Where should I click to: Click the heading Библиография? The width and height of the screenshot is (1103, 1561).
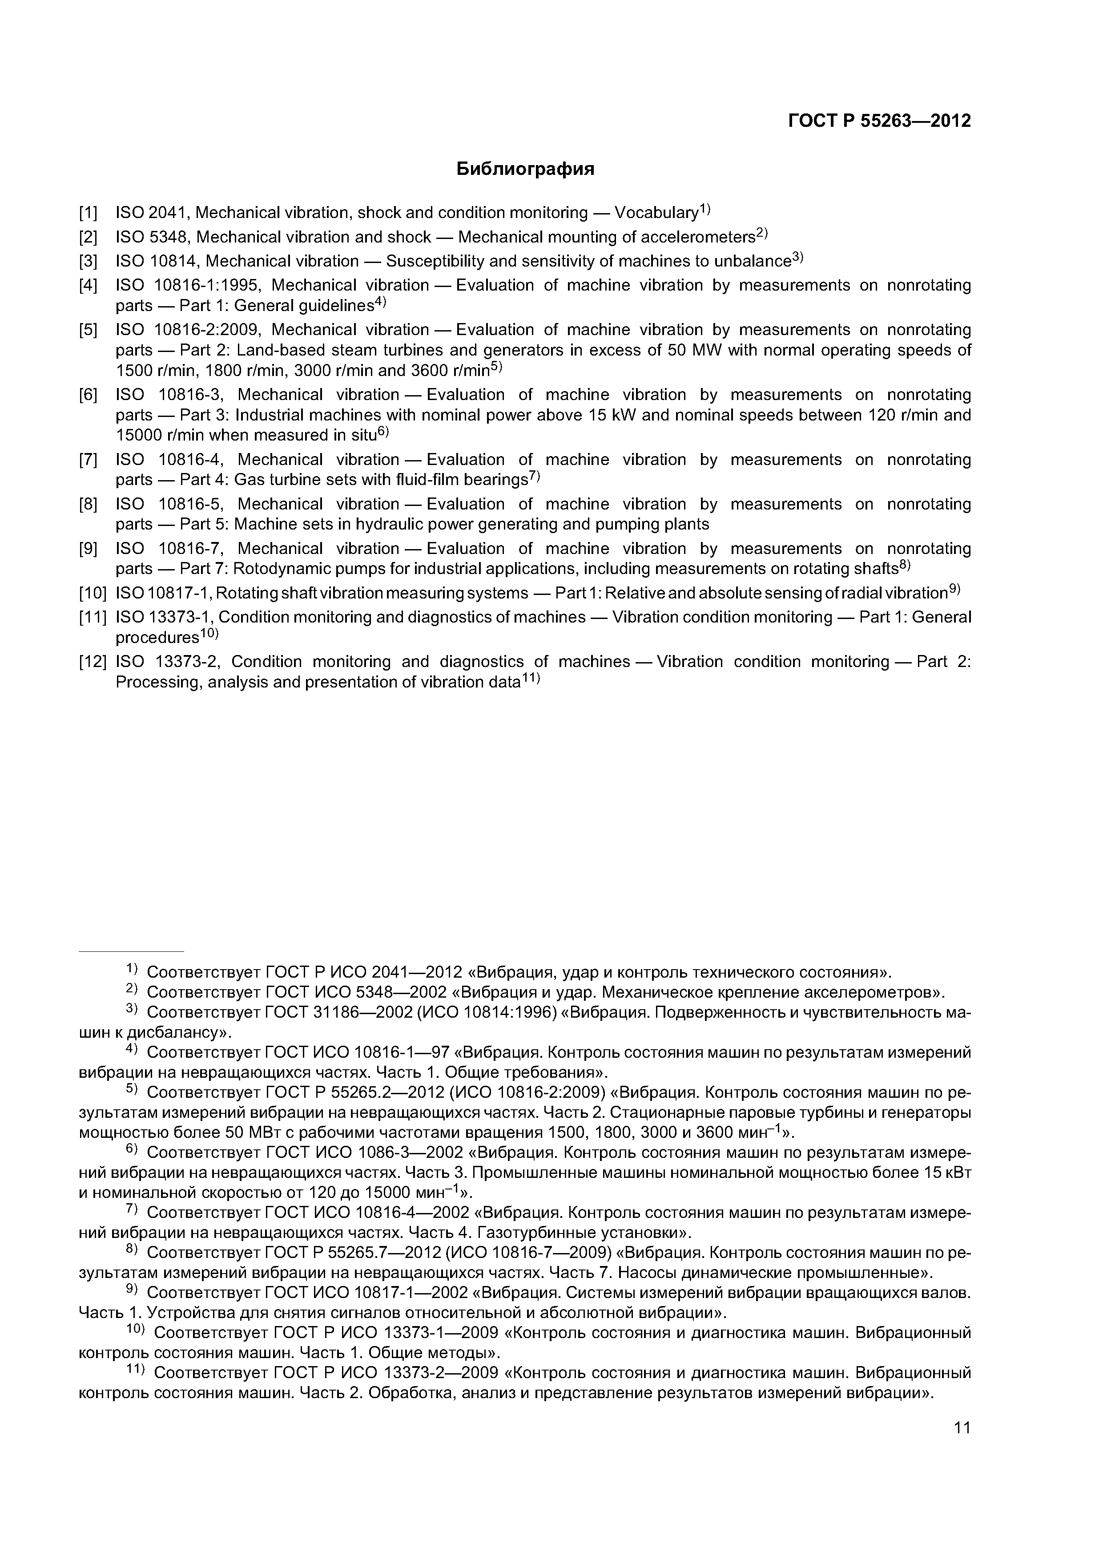[x=525, y=169]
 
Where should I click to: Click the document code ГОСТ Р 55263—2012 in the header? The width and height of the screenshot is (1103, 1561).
[x=879, y=121]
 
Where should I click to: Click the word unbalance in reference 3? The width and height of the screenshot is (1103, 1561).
[x=753, y=262]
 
